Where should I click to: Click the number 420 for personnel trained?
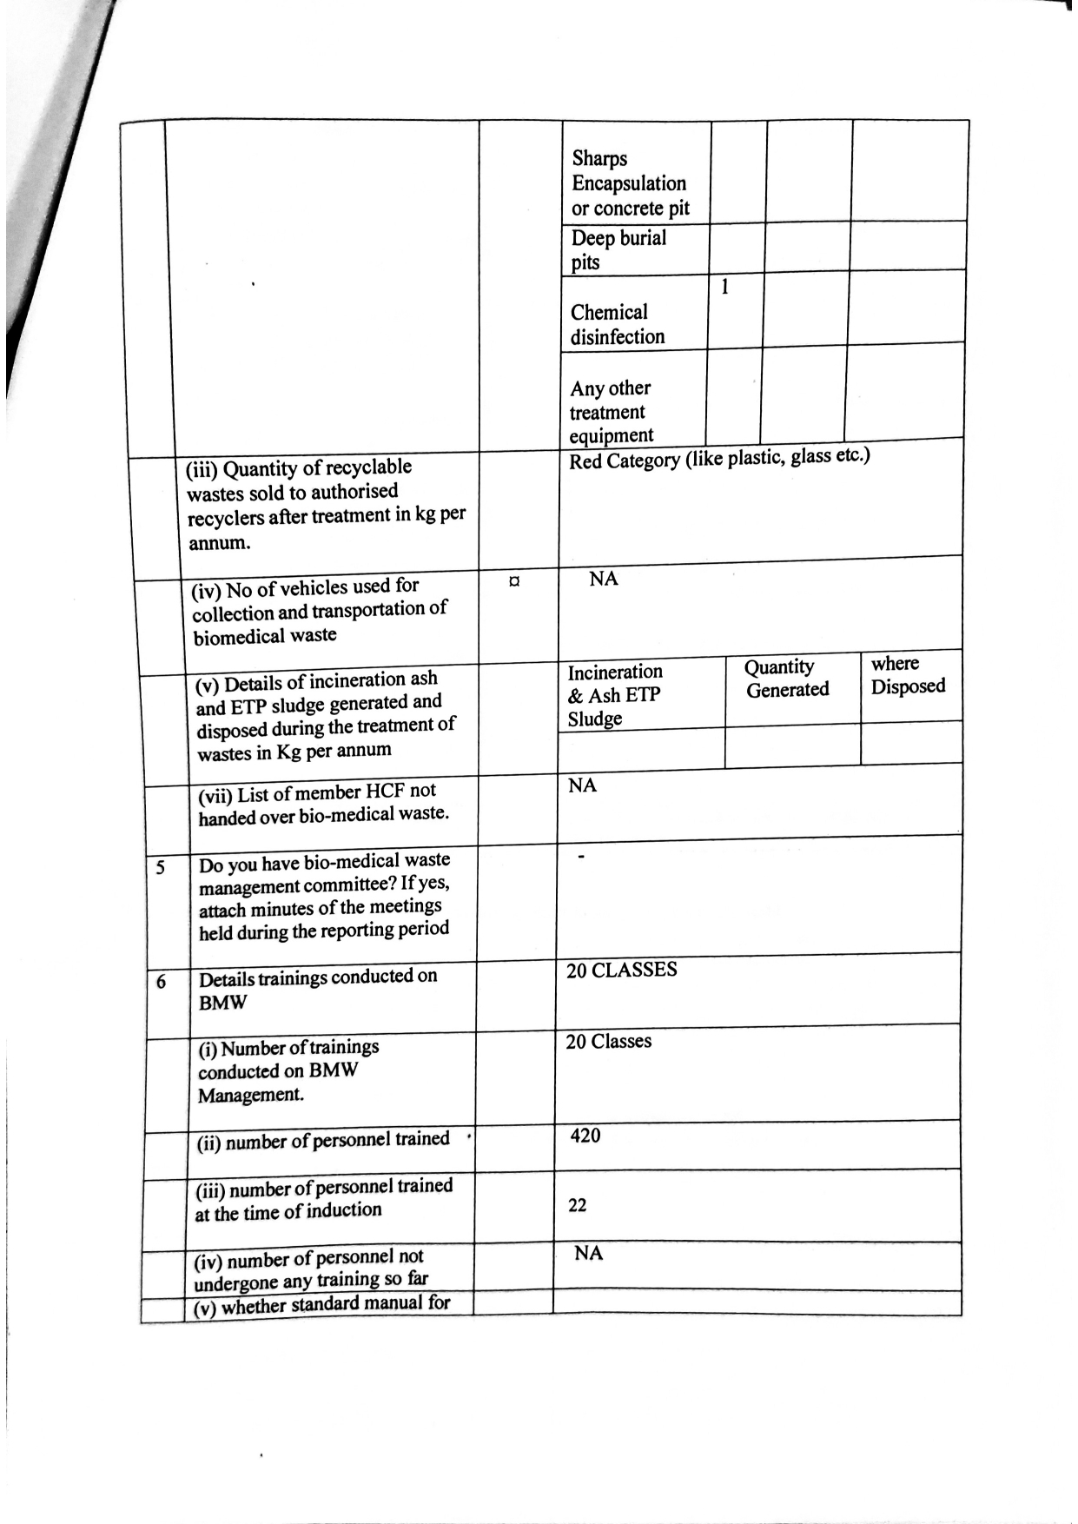[585, 1136]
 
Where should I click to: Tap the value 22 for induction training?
[577, 1205]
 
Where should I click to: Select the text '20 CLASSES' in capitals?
[621, 970]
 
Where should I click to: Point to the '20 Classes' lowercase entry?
[608, 1041]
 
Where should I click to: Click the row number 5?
[160, 867]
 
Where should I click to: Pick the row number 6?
[161, 982]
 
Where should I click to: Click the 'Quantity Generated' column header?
[787, 679]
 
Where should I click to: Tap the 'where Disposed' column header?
[907, 675]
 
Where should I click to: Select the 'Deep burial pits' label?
[618, 249]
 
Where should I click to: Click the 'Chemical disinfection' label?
[617, 324]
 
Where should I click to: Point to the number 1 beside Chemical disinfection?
[724, 286]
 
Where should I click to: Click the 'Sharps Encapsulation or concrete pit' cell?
[629, 183]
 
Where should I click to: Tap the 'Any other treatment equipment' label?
[610, 411]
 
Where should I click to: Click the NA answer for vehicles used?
[603, 579]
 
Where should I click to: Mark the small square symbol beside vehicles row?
[514, 580]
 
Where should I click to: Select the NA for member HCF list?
[582, 785]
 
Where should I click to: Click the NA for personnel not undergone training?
[588, 1253]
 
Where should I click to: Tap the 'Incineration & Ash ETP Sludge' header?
[614, 694]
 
